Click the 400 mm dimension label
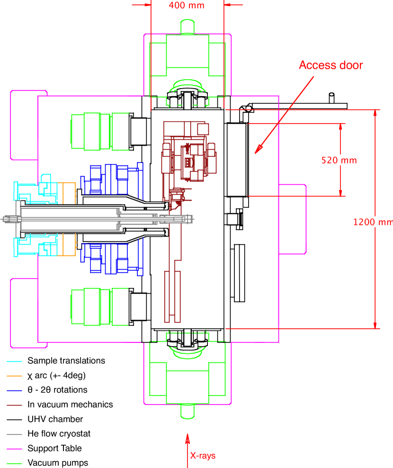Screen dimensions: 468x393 (187, 6)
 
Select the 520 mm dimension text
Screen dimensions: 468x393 (339, 161)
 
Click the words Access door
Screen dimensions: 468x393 (331, 65)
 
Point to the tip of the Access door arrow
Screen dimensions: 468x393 (256, 153)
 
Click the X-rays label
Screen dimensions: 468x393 (203, 456)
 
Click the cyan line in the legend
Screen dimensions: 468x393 (14, 361)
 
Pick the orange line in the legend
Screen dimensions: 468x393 (14, 376)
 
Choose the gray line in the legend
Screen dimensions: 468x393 (14, 434)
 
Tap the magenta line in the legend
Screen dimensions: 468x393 (14, 449)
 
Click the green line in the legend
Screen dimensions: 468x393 (14, 463)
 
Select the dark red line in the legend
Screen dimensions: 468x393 (14, 405)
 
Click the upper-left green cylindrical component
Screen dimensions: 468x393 (92, 131)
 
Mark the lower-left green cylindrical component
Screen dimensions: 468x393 (92, 306)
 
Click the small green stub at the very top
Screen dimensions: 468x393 (188, 27)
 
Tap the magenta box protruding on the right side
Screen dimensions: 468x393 (292, 219)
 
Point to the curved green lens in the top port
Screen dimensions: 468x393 (188, 87)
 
